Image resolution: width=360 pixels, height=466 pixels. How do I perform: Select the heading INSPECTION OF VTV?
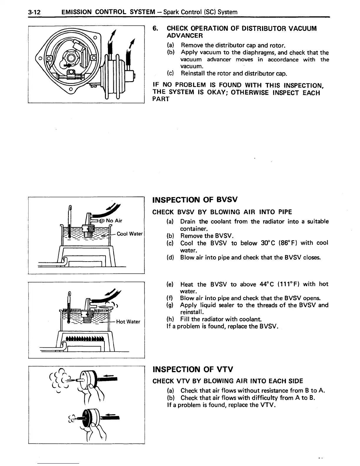pyautogui.click(x=193, y=369)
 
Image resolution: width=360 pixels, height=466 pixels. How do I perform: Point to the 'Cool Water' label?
pyautogui.click(x=130, y=234)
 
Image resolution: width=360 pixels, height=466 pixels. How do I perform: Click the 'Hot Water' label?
pyautogui.click(x=128, y=322)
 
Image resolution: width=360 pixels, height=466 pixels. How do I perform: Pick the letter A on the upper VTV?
pyautogui.click(x=83, y=374)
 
